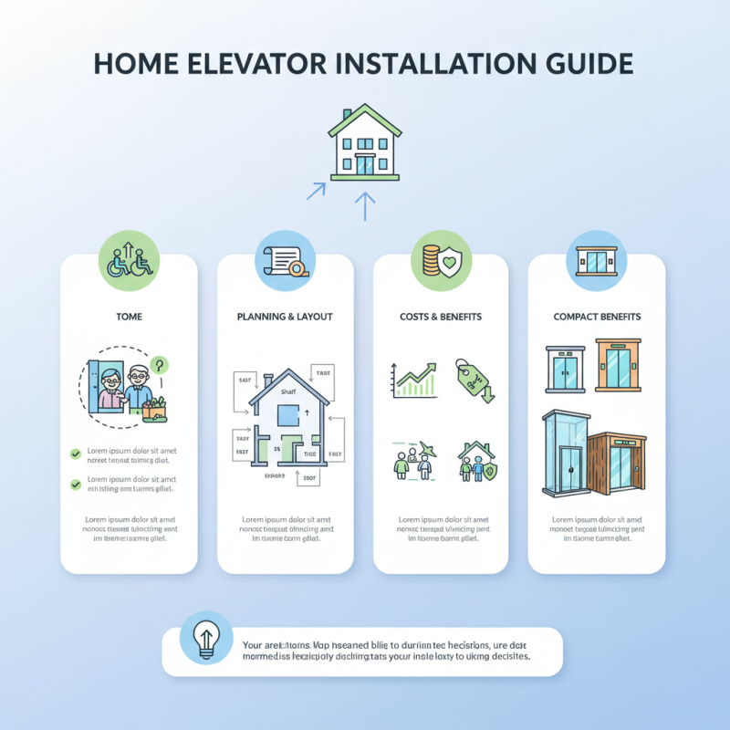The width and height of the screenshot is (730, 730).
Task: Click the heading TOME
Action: coord(129,317)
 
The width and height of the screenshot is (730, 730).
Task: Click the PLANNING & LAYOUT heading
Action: coord(285,317)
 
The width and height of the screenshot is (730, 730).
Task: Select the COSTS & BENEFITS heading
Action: coord(441,317)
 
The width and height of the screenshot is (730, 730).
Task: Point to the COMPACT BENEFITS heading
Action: coord(597,317)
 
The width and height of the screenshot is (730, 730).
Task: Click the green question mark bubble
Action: coord(160,365)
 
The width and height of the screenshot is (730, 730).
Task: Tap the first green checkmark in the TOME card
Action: coord(76,452)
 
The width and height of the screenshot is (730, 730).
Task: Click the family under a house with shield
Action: coord(476,461)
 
